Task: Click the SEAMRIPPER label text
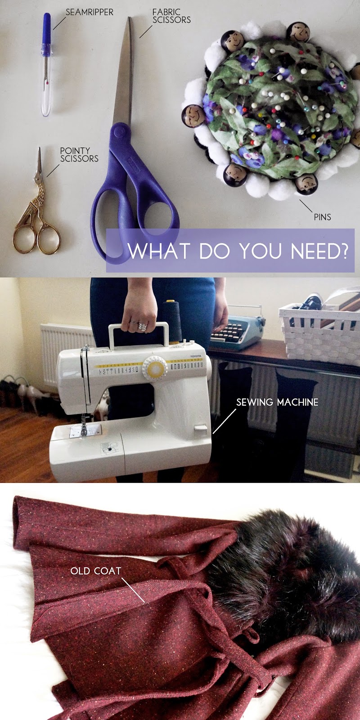click(x=89, y=12)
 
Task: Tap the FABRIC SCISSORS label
click(x=171, y=16)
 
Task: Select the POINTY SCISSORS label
click(x=79, y=154)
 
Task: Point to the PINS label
click(x=322, y=217)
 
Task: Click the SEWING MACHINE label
click(x=277, y=402)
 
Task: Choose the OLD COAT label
click(x=95, y=571)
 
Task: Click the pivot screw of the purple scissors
click(x=118, y=131)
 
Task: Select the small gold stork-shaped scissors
click(x=36, y=211)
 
